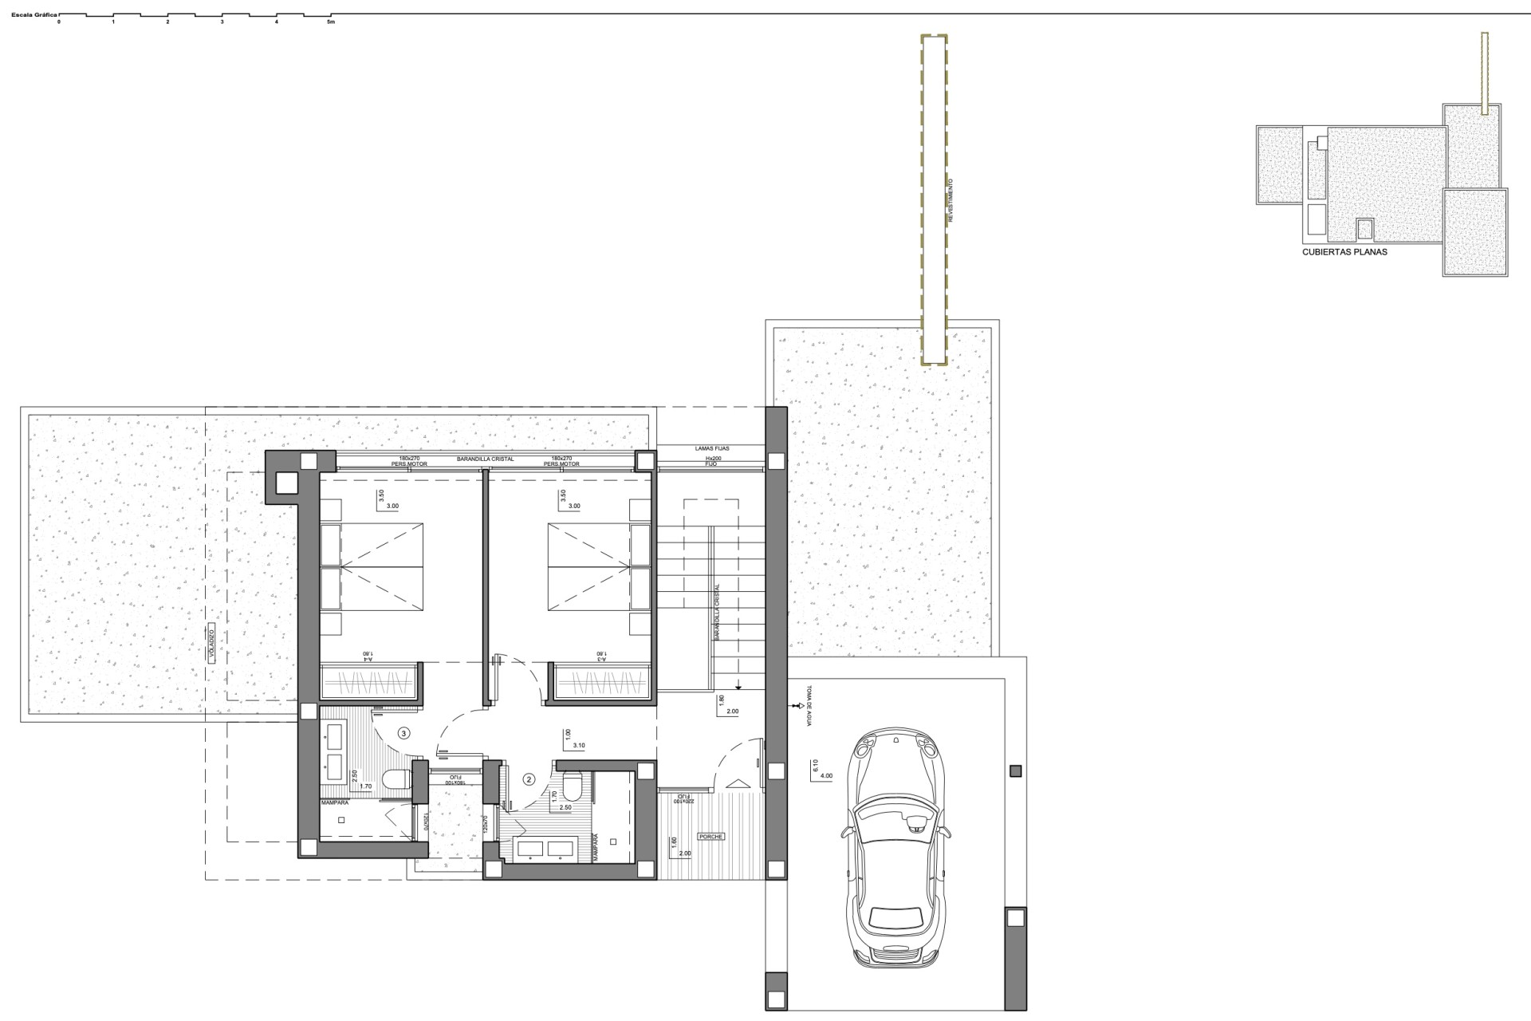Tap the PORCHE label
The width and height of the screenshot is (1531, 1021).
click(710, 837)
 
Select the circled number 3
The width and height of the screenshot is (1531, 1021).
click(404, 733)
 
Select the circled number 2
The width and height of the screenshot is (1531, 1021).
click(528, 779)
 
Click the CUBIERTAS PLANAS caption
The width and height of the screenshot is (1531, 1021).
click(1344, 252)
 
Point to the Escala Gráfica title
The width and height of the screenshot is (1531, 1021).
click(29, 14)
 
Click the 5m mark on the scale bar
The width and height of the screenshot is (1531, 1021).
click(331, 22)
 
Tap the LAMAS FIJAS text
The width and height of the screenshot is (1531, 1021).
click(712, 449)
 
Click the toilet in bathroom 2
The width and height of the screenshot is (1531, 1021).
click(570, 786)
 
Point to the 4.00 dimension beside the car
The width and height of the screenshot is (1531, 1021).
click(825, 775)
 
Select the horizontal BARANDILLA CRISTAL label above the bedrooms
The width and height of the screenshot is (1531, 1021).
click(485, 459)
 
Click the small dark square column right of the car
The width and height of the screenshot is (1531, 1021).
click(1015, 771)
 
